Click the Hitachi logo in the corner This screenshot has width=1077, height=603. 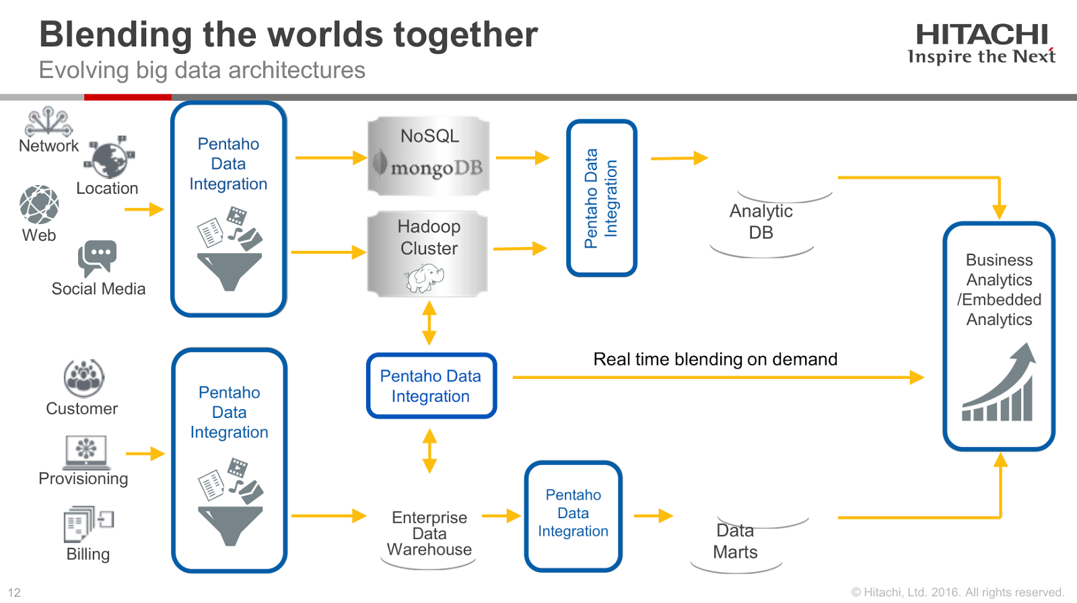click(x=981, y=44)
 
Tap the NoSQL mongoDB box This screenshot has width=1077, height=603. click(x=429, y=156)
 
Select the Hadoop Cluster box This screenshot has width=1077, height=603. click(x=428, y=253)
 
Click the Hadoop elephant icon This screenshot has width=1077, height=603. click(x=425, y=277)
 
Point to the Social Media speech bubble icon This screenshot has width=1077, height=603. click(x=98, y=258)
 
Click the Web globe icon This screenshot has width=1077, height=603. click(x=39, y=205)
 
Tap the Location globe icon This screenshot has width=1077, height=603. click(x=110, y=159)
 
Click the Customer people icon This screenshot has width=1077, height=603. click(x=83, y=378)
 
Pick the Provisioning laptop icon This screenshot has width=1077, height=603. click(x=86, y=452)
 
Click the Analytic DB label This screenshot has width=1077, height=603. click(x=761, y=221)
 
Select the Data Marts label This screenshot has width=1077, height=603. click(x=735, y=542)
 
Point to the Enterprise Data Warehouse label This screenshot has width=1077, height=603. click(x=429, y=534)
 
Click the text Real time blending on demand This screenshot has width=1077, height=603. click(x=715, y=359)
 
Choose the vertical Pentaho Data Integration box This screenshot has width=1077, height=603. click(x=601, y=198)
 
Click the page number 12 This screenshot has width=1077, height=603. click(x=14, y=592)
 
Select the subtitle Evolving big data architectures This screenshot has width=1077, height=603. click(x=202, y=70)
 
